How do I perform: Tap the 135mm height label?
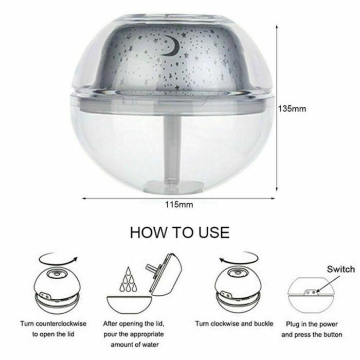click(x=292, y=109)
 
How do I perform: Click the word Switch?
click(x=341, y=269)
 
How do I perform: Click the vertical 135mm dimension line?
click(x=278, y=109)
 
